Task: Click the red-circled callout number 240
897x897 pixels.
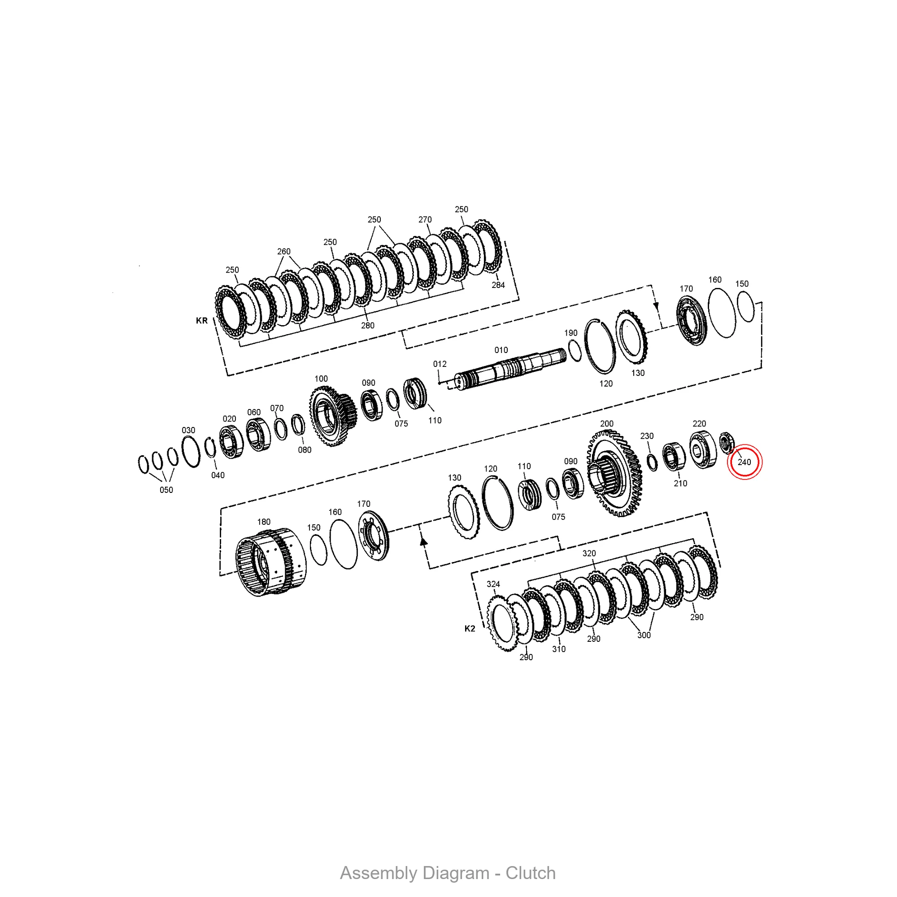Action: click(744, 462)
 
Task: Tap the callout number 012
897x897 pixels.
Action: click(440, 364)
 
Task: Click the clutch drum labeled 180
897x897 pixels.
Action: click(271, 562)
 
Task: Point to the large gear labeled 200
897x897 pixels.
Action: click(615, 474)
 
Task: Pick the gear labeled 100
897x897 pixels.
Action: click(333, 416)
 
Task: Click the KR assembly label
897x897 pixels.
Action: click(201, 321)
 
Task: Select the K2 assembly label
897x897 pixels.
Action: click(470, 629)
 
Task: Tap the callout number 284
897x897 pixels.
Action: click(498, 285)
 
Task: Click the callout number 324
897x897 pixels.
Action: click(493, 584)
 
